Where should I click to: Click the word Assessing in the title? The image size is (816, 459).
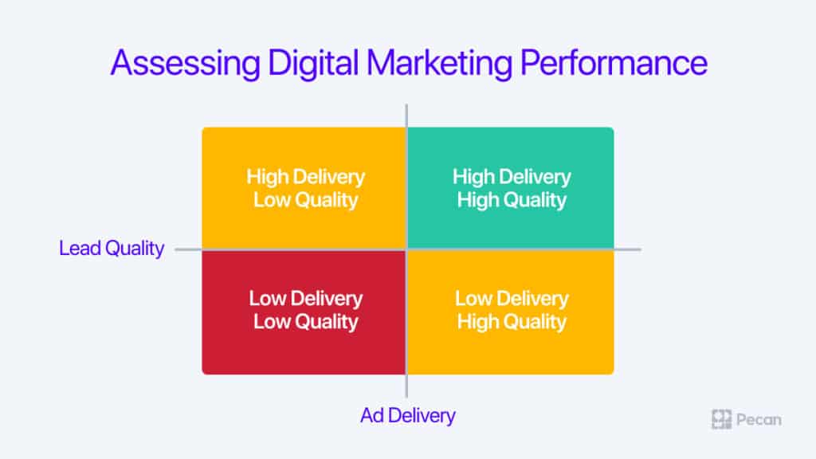(x=185, y=64)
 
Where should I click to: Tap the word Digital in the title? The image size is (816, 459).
(x=313, y=64)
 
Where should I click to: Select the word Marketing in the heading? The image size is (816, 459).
(x=439, y=64)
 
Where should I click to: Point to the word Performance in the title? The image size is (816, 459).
(x=614, y=62)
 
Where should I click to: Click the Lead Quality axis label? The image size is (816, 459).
(x=112, y=249)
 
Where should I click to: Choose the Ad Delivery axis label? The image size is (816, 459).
(x=408, y=415)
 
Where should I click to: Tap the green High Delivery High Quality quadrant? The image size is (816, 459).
(x=511, y=188)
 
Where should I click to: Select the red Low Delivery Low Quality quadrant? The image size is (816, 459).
(x=304, y=312)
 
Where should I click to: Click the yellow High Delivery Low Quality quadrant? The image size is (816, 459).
(x=304, y=188)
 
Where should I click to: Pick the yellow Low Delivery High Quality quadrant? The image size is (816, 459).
(x=511, y=312)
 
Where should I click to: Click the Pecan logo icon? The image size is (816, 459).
(x=721, y=419)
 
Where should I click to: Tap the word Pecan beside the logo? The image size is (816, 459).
(x=759, y=420)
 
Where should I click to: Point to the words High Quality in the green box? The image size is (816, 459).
(x=512, y=200)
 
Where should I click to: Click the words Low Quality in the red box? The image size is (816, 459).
(x=305, y=322)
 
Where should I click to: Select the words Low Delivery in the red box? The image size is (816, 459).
(x=305, y=299)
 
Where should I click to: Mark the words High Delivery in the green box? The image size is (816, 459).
(x=512, y=177)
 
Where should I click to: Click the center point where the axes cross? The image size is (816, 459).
(x=406, y=249)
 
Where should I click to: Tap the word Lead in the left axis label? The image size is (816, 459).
(x=80, y=249)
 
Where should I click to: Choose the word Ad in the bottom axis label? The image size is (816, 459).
(x=372, y=415)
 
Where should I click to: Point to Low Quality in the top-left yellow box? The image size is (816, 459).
(x=305, y=200)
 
